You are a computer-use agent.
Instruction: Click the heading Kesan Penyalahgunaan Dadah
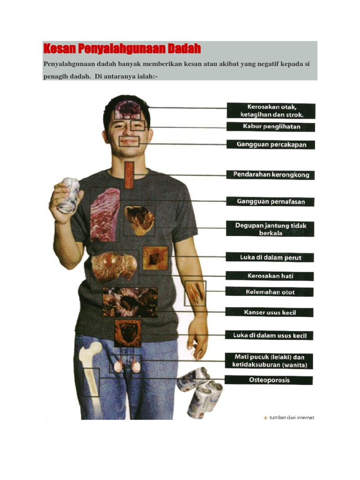(122, 49)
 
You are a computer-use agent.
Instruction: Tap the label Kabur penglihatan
(271, 127)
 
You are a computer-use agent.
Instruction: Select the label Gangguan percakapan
(270, 144)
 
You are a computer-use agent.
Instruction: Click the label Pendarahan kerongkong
(270, 175)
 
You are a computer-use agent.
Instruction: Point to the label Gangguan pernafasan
(270, 202)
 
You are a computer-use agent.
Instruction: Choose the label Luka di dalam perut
(270, 257)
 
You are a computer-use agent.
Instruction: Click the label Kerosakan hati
(270, 276)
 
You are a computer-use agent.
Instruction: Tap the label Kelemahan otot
(270, 292)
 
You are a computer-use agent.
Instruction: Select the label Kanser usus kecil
(270, 312)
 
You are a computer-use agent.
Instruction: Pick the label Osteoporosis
(269, 380)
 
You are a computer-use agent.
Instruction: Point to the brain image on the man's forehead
(128, 110)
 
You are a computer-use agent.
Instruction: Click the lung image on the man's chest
(105, 214)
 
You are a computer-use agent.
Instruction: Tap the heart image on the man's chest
(139, 220)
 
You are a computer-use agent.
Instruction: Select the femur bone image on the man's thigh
(90, 370)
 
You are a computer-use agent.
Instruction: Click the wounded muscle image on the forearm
(195, 293)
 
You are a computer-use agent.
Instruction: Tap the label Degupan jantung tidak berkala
(270, 229)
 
